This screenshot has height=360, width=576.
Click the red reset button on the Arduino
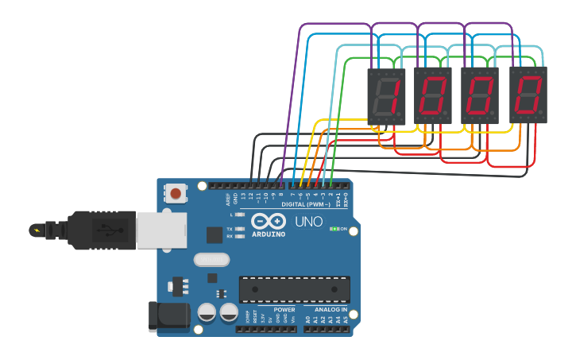176,193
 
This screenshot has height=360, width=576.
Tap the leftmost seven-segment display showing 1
385,95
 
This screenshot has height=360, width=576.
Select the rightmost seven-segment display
528,95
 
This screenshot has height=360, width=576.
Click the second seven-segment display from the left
432,95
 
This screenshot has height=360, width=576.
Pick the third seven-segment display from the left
480,95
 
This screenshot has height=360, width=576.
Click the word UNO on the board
309,222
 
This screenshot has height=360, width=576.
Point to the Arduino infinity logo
269,220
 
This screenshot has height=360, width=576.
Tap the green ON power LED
334,229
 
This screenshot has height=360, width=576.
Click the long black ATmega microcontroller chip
294,289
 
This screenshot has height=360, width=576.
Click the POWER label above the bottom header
284,310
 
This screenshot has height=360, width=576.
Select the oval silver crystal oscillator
211,259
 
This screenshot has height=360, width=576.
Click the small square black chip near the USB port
215,234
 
